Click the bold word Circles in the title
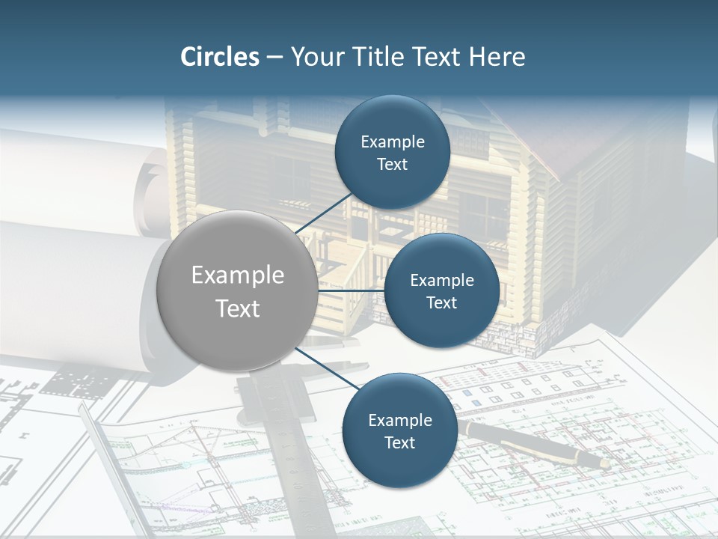point(219,57)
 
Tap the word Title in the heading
point(375,57)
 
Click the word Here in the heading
point(497,57)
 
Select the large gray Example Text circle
point(237,291)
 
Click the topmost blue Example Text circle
point(392,153)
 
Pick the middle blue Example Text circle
point(441,291)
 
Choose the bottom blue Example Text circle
point(399,431)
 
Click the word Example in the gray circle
point(237,275)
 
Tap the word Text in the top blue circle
point(392,165)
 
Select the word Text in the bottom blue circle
point(399,443)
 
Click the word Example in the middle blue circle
point(441,281)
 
